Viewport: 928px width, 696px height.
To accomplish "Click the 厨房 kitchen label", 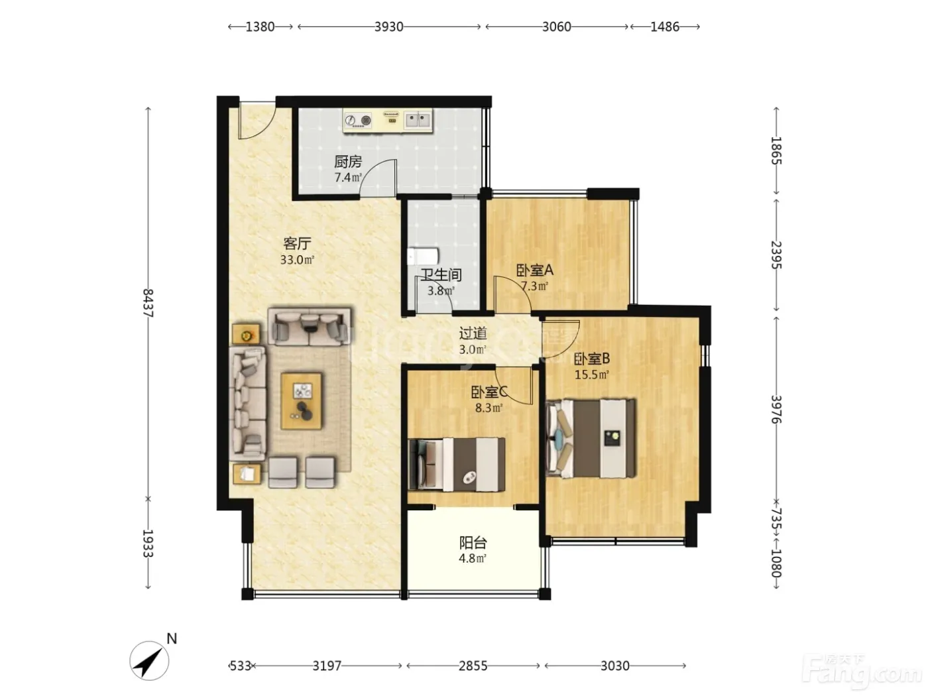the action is (x=347, y=162).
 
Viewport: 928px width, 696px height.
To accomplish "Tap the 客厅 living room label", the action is (x=297, y=243).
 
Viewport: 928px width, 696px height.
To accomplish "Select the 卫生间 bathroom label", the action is (x=441, y=275).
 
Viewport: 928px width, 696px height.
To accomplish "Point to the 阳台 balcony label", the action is (x=473, y=542).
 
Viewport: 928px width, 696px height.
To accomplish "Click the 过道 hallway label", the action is (x=473, y=333).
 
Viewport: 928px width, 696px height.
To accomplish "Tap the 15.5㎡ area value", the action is (x=591, y=375).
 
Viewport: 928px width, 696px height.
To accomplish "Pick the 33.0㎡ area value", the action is (x=297, y=259).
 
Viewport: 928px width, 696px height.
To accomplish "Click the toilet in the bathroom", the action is (x=423, y=256).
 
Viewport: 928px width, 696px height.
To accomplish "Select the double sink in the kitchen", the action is (x=418, y=120).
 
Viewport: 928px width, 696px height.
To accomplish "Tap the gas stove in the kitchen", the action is (x=358, y=121).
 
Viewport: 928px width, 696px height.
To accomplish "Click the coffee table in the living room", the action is (x=302, y=400).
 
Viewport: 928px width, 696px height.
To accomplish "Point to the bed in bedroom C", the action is (x=457, y=465).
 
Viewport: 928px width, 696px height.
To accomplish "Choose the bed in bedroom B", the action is (x=591, y=438).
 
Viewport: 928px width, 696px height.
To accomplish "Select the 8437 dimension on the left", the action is (x=148, y=302).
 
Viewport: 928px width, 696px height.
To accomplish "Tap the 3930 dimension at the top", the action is (x=389, y=27).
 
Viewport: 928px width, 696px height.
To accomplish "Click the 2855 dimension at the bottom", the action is (x=473, y=666).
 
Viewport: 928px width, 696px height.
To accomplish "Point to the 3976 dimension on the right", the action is (x=776, y=409).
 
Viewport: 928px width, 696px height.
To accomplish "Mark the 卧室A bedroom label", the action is (x=535, y=270).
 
